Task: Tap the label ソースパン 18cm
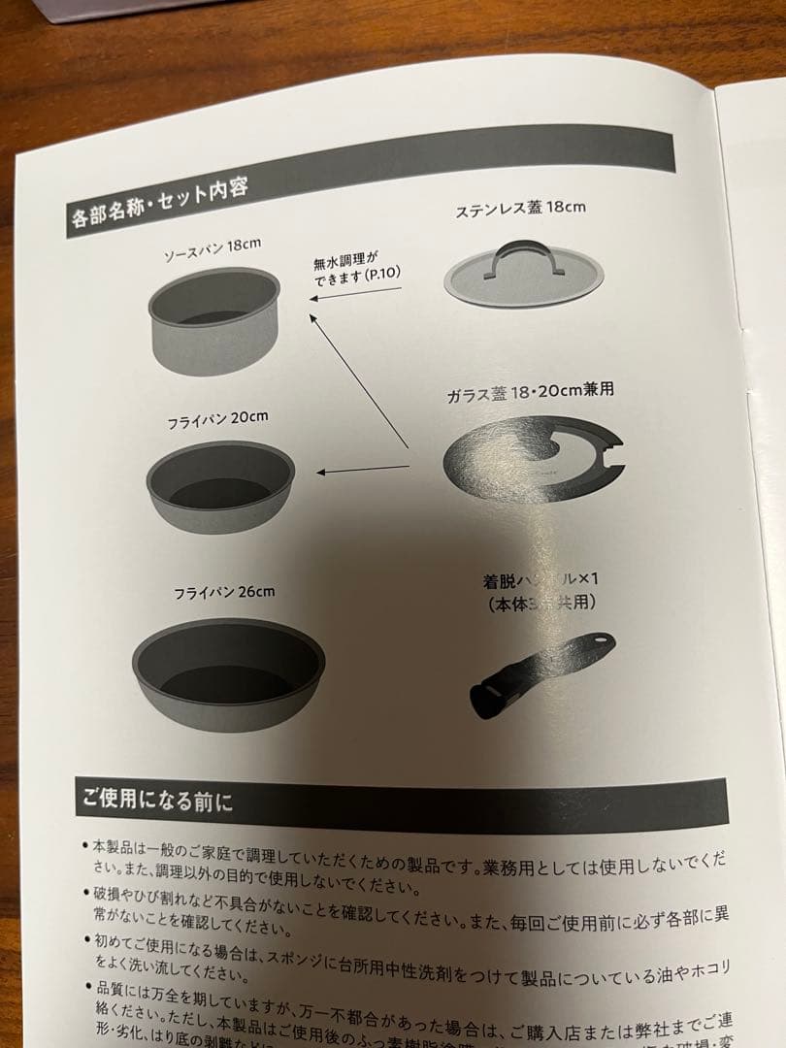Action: coord(213,249)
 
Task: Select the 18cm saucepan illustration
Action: coord(213,319)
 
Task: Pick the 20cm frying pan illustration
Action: coord(220,485)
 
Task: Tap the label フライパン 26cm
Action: coord(224,591)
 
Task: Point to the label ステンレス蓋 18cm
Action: coord(520,209)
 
